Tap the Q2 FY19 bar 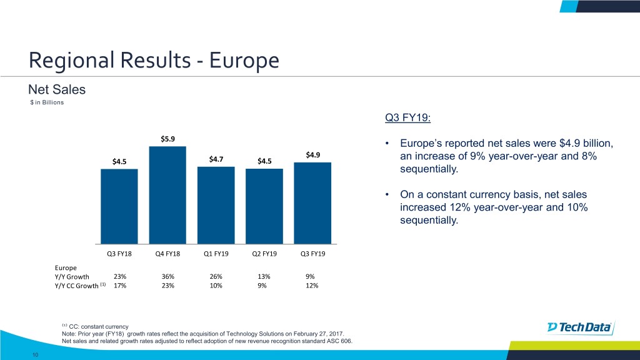point(264,206)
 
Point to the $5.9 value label point(167,139)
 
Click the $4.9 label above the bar point(312,155)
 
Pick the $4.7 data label point(216,159)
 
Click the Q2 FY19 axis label point(264,254)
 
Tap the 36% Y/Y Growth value point(167,276)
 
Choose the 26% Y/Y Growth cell point(216,276)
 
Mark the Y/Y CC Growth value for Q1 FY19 point(216,286)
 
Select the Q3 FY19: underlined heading point(409,118)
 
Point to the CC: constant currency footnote point(98,326)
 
